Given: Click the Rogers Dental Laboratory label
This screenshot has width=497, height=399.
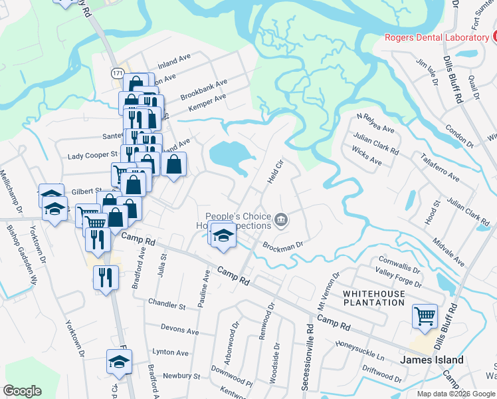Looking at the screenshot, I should pyautogui.click(x=437, y=37).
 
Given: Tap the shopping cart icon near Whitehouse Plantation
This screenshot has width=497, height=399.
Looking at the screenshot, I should pyautogui.click(x=425, y=316).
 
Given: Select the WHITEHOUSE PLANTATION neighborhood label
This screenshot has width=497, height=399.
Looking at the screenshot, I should pyautogui.click(x=373, y=298).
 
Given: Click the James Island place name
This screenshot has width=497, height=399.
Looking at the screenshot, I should pyautogui.click(x=431, y=360).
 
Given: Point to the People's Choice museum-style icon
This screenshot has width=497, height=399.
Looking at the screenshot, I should pyautogui.click(x=282, y=219).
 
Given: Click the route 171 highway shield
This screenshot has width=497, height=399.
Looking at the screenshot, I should pyautogui.click(x=118, y=72).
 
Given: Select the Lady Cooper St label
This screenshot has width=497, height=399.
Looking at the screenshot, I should pyautogui.click(x=93, y=156).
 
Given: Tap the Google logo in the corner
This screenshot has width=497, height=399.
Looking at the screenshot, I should pyautogui.click(x=23, y=391).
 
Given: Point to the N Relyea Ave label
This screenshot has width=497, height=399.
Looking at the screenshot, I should pyautogui.click(x=375, y=122).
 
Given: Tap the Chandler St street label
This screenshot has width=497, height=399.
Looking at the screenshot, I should pyautogui.click(x=167, y=306).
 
